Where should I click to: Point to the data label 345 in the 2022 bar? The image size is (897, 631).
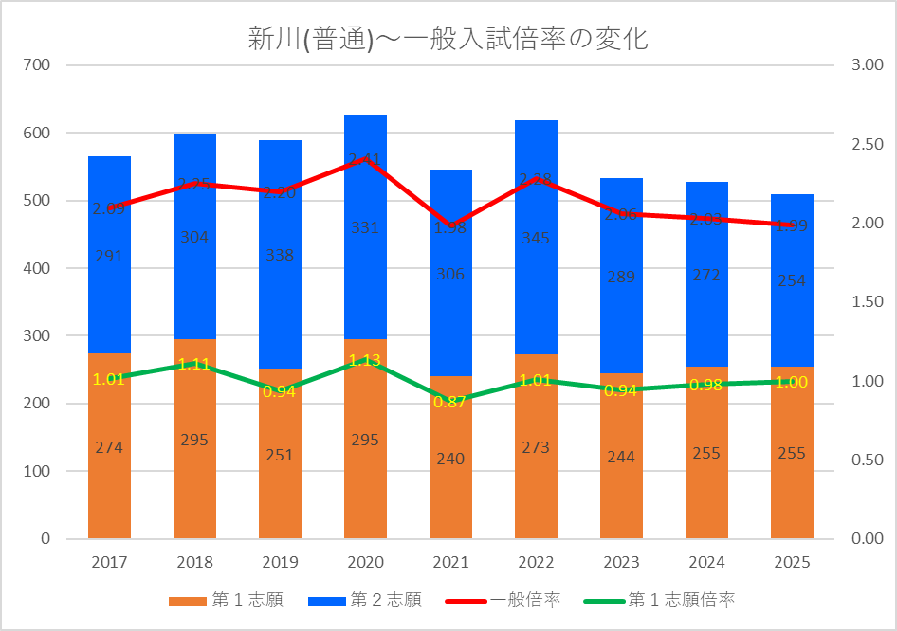click(x=536, y=239)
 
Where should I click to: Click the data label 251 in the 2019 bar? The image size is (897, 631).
click(x=280, y=455)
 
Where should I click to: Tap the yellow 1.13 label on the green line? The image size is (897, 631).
click(x=365, y=360)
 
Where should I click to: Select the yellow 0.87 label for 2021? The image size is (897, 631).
click(x=450, y=402)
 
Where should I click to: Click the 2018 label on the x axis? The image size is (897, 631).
click(x=194, y=562)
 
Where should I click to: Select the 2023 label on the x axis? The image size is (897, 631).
click(x=621, y=562)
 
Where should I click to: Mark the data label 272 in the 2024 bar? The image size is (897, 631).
click(x=706, y=275)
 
